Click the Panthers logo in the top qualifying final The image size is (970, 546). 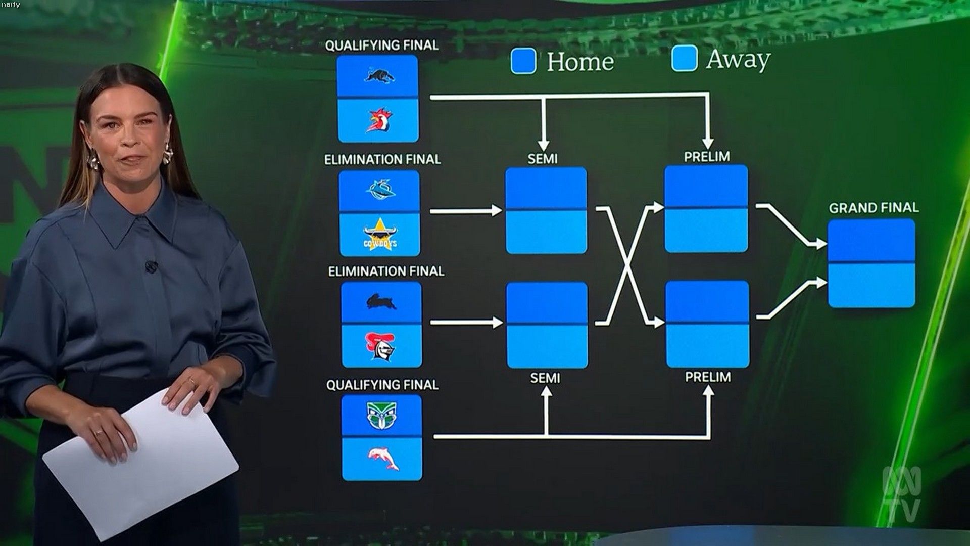[x=379, y=76]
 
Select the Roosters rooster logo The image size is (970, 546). [x=379, y=120]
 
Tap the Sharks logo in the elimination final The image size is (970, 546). [x=380, y=190]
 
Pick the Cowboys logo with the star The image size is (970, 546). [x=380, y=235]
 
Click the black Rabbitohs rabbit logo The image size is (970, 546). [x=381, y=302]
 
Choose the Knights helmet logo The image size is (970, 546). [x=381, y=346]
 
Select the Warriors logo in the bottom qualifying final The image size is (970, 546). [x=381, y=416]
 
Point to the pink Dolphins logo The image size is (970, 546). [x=383, y=458]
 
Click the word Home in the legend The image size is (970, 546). [x=580, y=62]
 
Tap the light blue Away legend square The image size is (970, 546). [x=685, y=58]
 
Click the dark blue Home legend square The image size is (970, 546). [x=523, y=61]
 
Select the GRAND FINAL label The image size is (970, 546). [x=874, y=208]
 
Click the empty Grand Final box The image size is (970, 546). [x=871, y=263]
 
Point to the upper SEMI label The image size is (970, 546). [x=543, y=159]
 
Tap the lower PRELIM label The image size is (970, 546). [x=708, y=377]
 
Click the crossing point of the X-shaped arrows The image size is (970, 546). [x=627, y=265]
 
